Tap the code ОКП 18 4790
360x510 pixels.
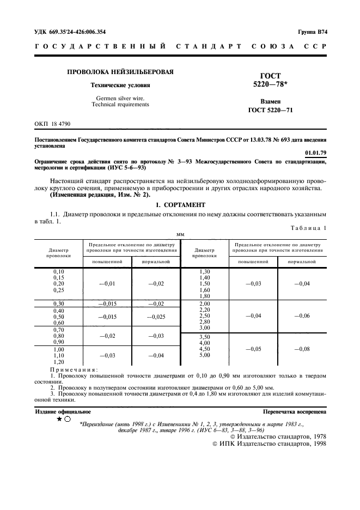tap(53, 124)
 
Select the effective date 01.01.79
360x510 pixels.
tap(316, 154)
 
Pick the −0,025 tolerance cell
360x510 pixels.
tap(155, 317)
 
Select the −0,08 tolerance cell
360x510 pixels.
tap(302, 349)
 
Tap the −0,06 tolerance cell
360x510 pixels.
tap(302, 315)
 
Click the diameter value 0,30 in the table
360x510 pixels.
tap(58, 303)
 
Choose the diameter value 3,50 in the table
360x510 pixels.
tap(205, 337)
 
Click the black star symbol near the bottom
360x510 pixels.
tap(58, 420)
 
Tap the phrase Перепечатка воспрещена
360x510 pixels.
tap(294, 412)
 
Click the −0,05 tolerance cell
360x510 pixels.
tap(253, 349)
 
